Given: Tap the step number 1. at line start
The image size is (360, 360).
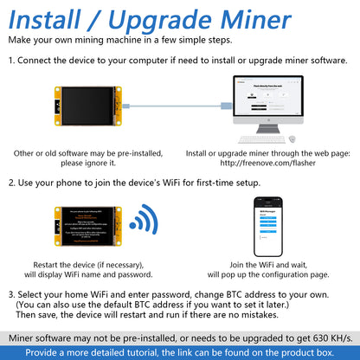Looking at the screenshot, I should tap(12, 61).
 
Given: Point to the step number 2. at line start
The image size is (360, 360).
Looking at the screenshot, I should tap(12, 183).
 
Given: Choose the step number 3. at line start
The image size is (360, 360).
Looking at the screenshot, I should tap(12, 294).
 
